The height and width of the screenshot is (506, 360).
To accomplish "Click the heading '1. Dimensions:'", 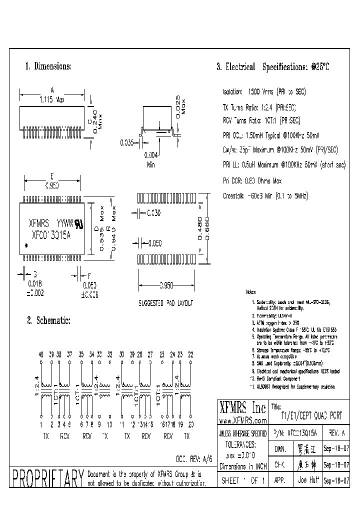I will click(48, 66).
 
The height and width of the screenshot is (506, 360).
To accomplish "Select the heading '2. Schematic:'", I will click(48, 320).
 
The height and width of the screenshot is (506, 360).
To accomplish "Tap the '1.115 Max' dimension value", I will click(52, 99).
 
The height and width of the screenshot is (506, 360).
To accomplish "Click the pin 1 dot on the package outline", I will click(26, 245).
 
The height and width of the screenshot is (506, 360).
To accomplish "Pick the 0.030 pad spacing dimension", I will click(154, 213).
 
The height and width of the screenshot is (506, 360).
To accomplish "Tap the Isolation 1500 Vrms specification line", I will click(263, 92).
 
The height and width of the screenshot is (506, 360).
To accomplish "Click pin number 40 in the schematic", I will click(41, 354).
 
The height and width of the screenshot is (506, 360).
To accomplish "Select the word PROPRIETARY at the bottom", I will click(47, 478).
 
